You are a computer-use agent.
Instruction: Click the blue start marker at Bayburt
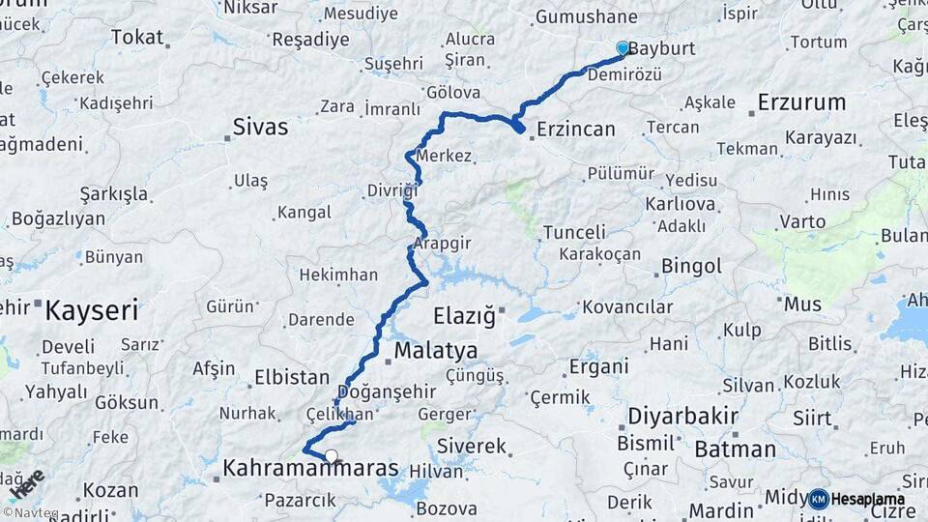click(x=623, y=47)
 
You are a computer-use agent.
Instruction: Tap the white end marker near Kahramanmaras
click(x=332, y=456)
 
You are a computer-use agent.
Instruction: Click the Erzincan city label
click(x=576, y=129)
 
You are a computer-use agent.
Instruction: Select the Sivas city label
click(x=260, y=126)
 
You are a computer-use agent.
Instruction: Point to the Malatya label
click(x=436, y=350)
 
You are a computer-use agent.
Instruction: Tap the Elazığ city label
click(x=464, y=315)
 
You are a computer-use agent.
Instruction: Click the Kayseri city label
click(x=92, y=311)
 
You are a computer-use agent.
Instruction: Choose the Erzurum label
click(x=801, y=101)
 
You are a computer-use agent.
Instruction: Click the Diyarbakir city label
click(x=682, y=417)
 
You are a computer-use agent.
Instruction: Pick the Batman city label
click(x=735, y=449)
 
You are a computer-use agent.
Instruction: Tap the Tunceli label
click(x=574, y=232)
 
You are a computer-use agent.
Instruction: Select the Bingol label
click(x=691, y=266)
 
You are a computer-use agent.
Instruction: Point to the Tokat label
click(x=137, y=37)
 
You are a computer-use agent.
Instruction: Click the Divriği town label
click(x=391, y=190)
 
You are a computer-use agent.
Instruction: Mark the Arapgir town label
click(x=442, y=244)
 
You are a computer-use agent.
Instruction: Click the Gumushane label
click(x=586, y=16)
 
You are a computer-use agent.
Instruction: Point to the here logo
click(x=26, y=485)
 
